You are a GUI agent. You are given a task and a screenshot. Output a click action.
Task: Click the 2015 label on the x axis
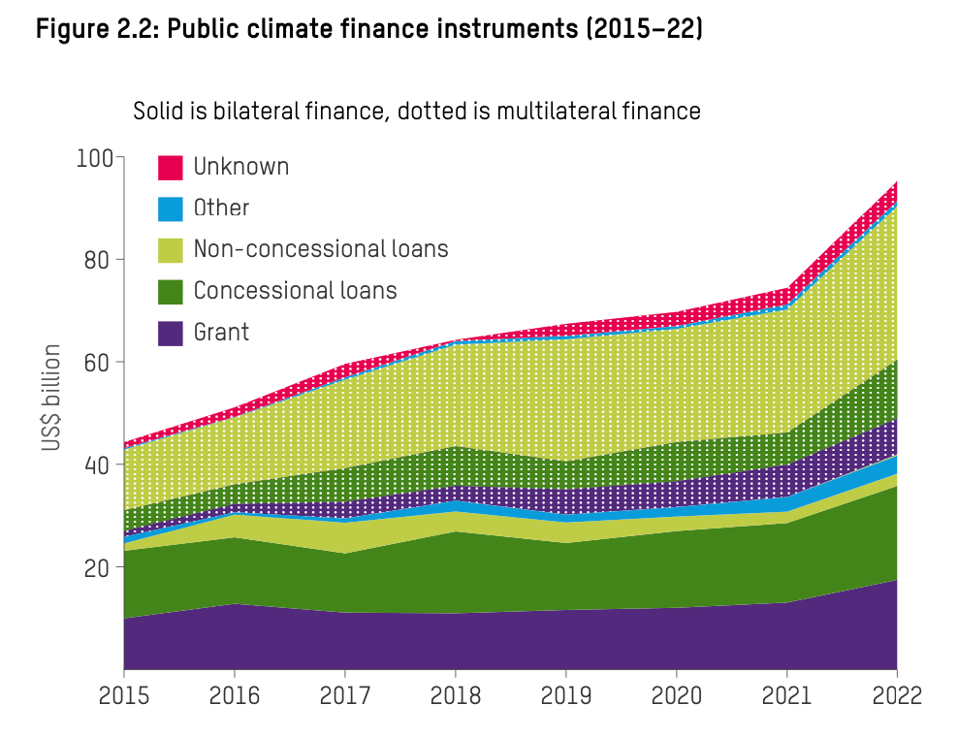(x=124, y=696)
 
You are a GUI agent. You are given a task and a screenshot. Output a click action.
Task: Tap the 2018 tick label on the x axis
(x=455, y=696)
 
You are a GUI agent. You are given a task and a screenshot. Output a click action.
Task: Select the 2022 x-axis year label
(x=896, y=696)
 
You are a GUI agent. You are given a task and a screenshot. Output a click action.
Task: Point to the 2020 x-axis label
(x=676, y=696)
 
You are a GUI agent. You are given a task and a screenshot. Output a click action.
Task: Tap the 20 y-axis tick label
(x=100, y=567)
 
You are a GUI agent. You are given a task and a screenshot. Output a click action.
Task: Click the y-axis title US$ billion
(x=51, y=399)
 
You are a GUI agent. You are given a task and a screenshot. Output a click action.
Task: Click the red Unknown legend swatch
(x=171, y=168)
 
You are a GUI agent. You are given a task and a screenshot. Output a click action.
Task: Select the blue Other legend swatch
(x=171, y=208)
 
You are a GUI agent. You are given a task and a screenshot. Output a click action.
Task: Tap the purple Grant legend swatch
(x=171, y=333)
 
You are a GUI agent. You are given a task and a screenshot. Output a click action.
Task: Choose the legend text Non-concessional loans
(x=321, y=249)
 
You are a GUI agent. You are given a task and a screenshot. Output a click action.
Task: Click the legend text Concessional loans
(x=295, y=291)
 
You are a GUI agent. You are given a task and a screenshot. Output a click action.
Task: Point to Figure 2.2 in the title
(x=96, y=29)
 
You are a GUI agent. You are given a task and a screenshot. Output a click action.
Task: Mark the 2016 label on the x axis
(x=235, y=696)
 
